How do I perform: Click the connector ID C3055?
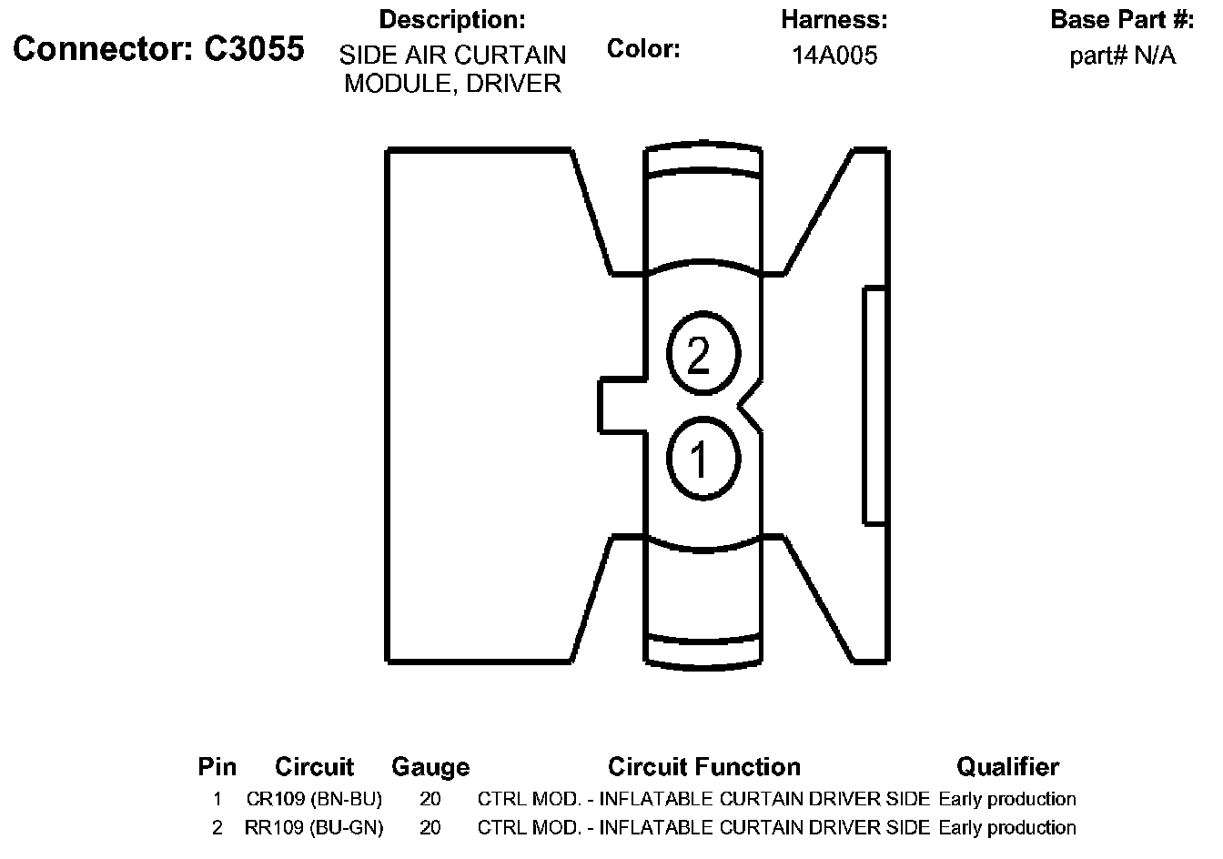(x=253, y=49)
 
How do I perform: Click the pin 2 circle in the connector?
(x=702, y=355)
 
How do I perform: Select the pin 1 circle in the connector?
(x=702, y=460)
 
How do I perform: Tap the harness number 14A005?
(x=834, y=56)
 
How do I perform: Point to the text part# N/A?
(x=1122, y=56)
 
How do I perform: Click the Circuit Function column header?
(x=703, y=767)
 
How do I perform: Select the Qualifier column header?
(x=1007, y=767)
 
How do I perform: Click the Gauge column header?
(x=430, y=767)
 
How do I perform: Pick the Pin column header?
(x=217, y=767)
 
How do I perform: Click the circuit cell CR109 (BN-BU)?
(x=314, y=800)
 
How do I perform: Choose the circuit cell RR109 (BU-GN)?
(x=314, y=828)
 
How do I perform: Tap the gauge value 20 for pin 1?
(x=430, y=800)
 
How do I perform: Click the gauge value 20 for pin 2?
(x=430, y=828)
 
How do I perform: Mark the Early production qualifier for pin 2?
(x=1007, y=828)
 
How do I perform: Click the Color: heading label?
(x=643, y=49)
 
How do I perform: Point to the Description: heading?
(x=452, y=19)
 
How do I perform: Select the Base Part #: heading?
(x=1122, y=19)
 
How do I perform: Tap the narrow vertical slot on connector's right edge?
(x=874, y=406)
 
